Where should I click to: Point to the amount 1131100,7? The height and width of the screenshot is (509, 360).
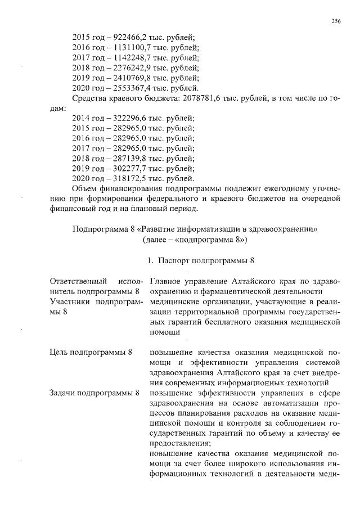[124, 48]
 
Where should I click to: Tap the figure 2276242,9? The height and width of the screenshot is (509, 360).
[124, 68]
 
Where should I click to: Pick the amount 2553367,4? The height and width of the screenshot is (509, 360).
[124, 88]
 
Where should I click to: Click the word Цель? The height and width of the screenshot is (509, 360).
[59, 353]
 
